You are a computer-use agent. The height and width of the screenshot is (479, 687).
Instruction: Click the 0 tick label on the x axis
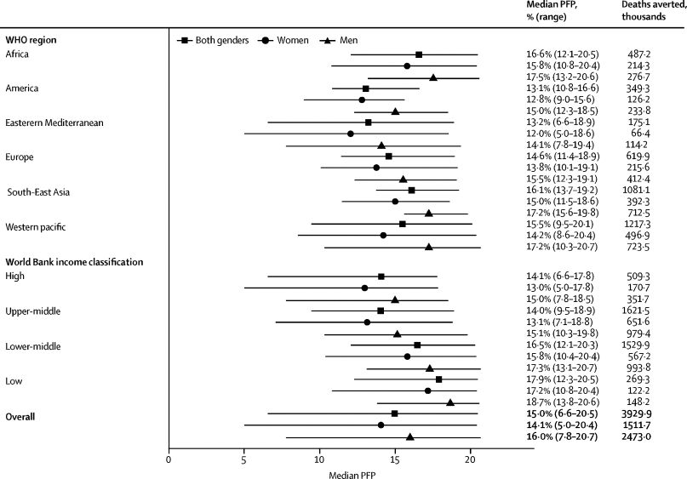[169, 460]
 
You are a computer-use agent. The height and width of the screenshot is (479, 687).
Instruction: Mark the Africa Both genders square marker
[419, 54]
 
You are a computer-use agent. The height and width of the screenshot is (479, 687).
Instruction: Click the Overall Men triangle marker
[409, 436]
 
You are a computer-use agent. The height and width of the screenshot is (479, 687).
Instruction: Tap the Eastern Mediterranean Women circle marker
[351, 134]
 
